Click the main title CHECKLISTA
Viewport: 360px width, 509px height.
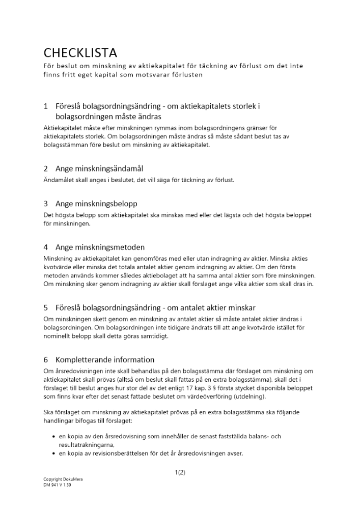pos(80,52)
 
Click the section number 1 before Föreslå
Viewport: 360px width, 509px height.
pos(46,106)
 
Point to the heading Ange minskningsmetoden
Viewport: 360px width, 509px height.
pos(100,247)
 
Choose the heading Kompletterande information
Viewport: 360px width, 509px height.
pos(105,360)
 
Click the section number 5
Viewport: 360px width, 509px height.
pos(46,307)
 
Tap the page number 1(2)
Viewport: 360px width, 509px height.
pos(180,472)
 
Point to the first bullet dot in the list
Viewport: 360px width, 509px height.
pos(54,437)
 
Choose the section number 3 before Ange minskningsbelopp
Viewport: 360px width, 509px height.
pos(46,204)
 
